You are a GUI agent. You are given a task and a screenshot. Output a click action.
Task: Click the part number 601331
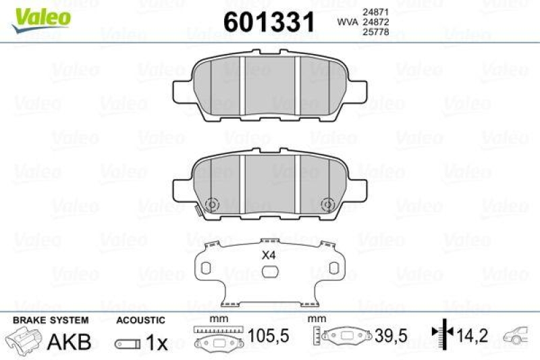269,22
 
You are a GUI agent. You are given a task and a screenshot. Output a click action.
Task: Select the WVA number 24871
376,11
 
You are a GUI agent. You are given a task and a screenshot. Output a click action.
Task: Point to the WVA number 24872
376,22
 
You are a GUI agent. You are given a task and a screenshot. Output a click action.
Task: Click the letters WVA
347,22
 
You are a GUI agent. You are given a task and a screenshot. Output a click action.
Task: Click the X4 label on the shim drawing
269,255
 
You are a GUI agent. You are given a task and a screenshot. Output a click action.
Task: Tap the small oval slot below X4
269,272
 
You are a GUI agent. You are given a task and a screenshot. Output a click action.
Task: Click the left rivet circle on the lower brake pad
211,203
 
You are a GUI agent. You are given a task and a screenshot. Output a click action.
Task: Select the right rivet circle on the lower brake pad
328,203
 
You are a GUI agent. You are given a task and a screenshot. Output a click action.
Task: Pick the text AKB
69,342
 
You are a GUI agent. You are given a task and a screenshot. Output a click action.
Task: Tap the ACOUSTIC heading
140,319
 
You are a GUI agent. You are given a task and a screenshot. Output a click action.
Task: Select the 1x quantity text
157,342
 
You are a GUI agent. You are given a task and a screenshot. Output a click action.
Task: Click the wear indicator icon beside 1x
127,344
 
